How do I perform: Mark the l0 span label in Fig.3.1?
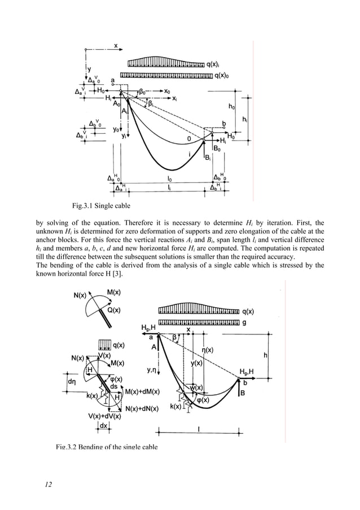click(x=170, y=179)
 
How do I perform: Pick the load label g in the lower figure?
click(x=243, y=322)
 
